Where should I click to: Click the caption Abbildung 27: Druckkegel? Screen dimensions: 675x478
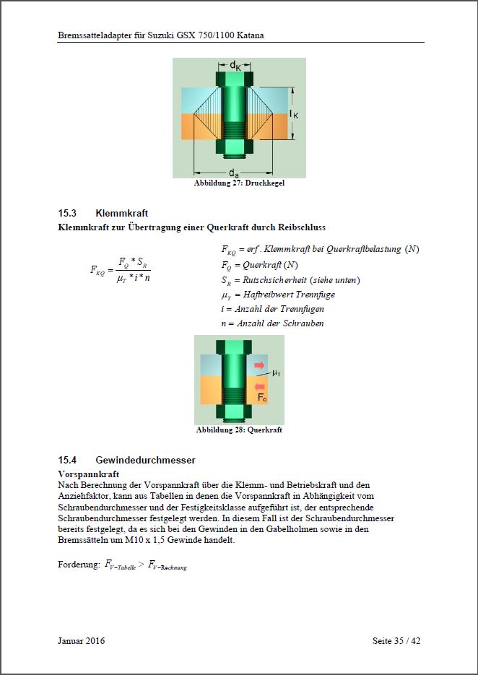239,183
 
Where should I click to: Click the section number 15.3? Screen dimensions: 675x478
67,213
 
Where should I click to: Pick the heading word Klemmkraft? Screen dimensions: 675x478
121,213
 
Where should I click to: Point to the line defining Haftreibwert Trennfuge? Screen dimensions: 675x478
278,295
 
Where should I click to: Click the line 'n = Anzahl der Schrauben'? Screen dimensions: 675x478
272,323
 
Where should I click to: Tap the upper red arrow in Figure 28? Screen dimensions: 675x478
259,366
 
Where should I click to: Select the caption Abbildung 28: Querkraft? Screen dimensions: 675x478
239,430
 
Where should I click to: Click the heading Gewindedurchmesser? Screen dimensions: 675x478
145,460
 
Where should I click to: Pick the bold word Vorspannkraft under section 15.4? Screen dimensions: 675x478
88,474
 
